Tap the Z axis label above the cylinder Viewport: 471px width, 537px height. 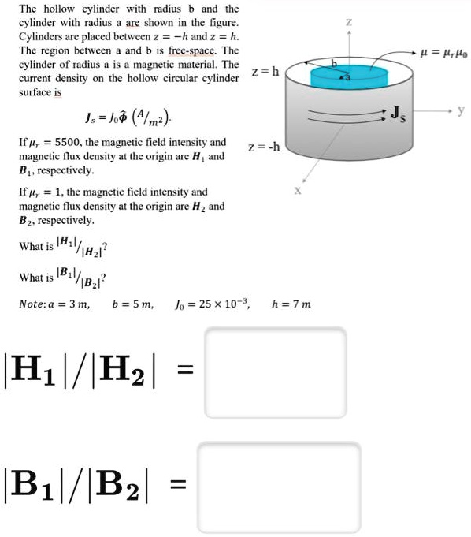click(349, 24)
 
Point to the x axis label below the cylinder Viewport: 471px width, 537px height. click(297, 190)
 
